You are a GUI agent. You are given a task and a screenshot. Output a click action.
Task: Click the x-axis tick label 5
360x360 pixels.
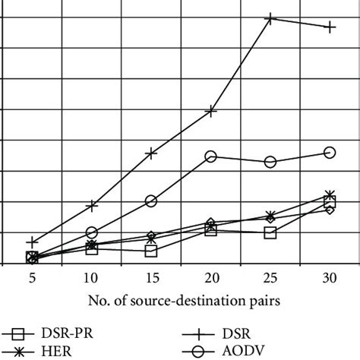click(x=32, y=279)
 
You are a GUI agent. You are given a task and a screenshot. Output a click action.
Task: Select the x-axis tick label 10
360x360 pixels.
click(x=91, y=279)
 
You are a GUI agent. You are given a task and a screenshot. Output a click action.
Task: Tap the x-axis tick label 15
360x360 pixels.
click(x=151, y=279)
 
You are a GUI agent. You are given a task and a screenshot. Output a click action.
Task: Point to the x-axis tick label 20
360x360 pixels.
click(x=210, y=279)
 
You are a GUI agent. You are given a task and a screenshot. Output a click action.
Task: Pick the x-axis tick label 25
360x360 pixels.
click(x=270, y=279)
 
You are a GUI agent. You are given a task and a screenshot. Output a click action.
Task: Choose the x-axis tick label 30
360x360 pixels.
click(x=329, y=279)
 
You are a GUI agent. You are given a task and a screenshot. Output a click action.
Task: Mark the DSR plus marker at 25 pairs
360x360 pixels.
click(x=270, y=18)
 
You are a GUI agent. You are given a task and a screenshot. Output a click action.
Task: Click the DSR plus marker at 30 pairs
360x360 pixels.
click(x=330, y=27)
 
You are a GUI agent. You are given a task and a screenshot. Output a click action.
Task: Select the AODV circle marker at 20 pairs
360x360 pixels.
click(x=211, y=156)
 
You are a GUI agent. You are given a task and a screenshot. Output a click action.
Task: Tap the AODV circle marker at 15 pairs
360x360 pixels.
click(x=151, y=201)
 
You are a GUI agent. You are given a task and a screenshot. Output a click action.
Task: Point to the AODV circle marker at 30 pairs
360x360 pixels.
click(x=330, y=153)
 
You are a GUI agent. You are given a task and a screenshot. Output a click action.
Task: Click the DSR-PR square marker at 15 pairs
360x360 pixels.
click(x=151, y=251)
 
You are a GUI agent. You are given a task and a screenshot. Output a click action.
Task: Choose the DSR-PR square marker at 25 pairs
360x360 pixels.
click(x=270, y=232)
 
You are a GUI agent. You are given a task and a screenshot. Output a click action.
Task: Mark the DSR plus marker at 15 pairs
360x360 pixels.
click(x=151, y=153)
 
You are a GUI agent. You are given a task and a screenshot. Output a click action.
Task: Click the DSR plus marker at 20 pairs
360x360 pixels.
click(x=211, y=112)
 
